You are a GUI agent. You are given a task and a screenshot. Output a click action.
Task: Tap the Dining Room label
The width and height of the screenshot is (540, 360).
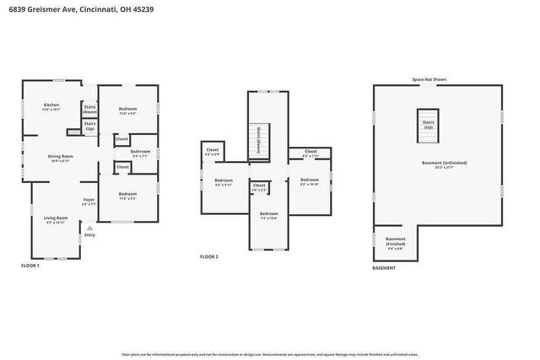(60, 158)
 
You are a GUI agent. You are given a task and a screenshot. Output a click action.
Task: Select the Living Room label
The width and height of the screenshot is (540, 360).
(56, 220)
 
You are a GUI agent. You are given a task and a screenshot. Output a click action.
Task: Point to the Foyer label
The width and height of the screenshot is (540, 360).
(89, 201)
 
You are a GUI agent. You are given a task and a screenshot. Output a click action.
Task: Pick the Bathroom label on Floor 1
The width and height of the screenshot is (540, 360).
(140, 153)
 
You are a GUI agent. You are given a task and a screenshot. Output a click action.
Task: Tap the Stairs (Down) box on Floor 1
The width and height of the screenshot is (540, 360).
(89, 109)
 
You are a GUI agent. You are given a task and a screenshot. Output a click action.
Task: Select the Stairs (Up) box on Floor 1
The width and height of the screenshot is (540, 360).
(89, 126)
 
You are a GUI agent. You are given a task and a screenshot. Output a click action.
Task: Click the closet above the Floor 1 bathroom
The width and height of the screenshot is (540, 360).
(121, 138)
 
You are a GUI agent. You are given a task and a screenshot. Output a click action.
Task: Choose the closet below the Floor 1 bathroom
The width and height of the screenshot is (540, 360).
(122, 167)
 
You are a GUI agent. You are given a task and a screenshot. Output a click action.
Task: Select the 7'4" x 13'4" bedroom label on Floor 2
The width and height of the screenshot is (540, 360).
(268, 215)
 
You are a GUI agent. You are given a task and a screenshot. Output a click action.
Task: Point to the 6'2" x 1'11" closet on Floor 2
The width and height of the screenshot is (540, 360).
(310, 153)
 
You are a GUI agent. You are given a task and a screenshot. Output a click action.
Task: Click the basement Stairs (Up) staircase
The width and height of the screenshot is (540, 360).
(429, 124)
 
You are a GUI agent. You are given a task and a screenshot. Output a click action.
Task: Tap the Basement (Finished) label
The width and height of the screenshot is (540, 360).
(395, 242)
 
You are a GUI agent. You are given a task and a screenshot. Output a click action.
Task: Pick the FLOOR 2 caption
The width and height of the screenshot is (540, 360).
(209, 256)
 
